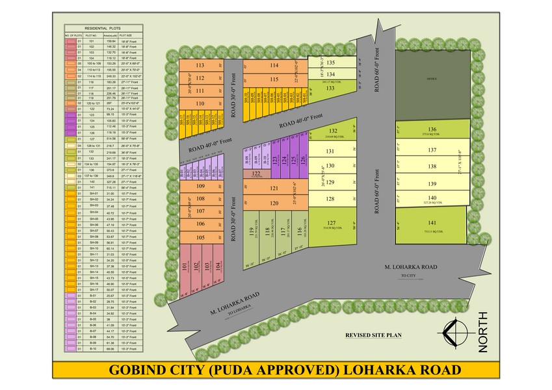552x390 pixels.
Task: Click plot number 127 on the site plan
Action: (331, 223)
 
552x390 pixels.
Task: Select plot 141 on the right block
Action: (432, 222)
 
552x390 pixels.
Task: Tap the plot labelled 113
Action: (200, 66)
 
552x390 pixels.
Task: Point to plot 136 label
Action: (432, 129)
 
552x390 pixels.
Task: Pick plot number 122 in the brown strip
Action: (256, 174)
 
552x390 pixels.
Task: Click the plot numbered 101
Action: (186, 266)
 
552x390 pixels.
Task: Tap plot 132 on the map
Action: (332, 131)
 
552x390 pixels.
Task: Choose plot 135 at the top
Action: (330, 62)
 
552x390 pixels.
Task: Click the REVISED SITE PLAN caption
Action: (373, 335)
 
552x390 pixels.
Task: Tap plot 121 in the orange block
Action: (274, 188)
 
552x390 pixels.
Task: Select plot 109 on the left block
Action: (200, 187)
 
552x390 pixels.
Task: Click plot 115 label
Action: (274, 79)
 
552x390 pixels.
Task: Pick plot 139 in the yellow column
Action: (432, 184)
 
